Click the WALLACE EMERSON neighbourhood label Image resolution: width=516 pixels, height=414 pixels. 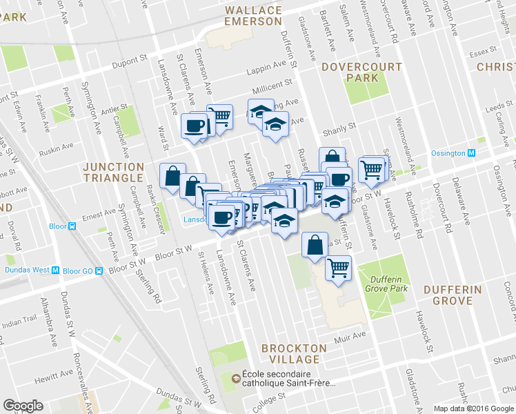(x=253, y=16)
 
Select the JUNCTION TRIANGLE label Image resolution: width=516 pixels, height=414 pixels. (x=113, y=172)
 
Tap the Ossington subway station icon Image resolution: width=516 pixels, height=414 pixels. (x=472, y=153)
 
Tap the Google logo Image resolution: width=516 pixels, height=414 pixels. (x=23, y=405)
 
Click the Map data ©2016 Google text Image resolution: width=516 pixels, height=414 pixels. (x=474, y=408)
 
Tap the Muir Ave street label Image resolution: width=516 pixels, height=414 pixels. (x=352, y=335)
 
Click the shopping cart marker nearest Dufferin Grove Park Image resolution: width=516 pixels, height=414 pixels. (x=338, y=268)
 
